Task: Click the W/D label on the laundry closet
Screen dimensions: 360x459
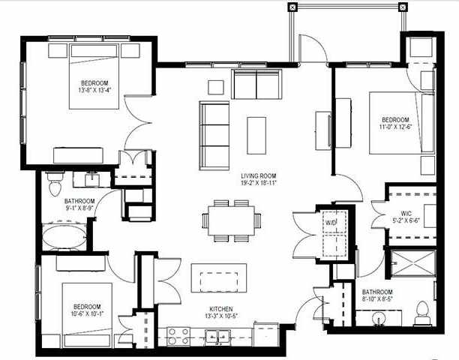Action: (x=331, y=223)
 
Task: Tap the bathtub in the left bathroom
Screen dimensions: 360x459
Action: (x=64, y=239)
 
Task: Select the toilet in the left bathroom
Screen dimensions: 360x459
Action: (x=54, y=181)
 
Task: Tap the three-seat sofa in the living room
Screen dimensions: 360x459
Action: (x=214, y=134)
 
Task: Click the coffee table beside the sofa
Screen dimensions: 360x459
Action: (x=256, y=134)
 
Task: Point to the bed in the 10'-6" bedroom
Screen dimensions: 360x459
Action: (x=86, y=310)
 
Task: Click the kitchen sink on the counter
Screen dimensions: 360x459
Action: (x=219, y=338)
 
